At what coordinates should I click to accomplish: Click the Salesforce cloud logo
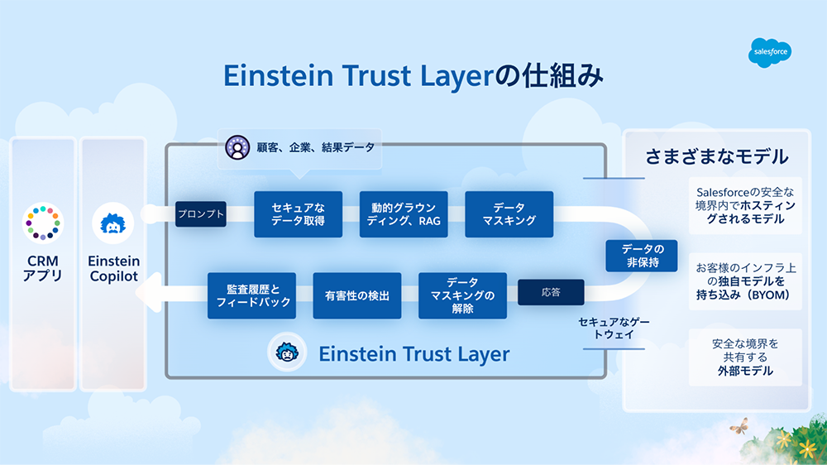pyautogui.click(x=771, y=52)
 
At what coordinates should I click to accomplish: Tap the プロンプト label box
pyautogui.click(x=200, y=214)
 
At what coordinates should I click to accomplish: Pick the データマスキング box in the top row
pyautogui.click(x=509, y=214)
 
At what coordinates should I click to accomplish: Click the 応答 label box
pyautogui.click(x=551, y=292)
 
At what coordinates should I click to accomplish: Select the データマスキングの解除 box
pyautogui.click(x=463, y=295)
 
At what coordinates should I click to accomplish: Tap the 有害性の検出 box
pyautogui.click(x=357, y=295)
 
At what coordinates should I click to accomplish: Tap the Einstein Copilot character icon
pyautogui.click(x=113, y=223)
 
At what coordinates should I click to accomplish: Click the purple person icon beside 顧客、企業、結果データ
pyautogui.click(x=237, y=148)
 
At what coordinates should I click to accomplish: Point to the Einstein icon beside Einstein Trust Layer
pyautogui.click(x=287, y=353)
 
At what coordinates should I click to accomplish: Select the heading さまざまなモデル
pyautogui.click(x=716, y=156)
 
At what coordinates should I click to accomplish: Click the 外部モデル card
pyautogui.click(x=745, y=357)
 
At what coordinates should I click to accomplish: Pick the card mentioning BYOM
pyautogui.click(x=745, y=281)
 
